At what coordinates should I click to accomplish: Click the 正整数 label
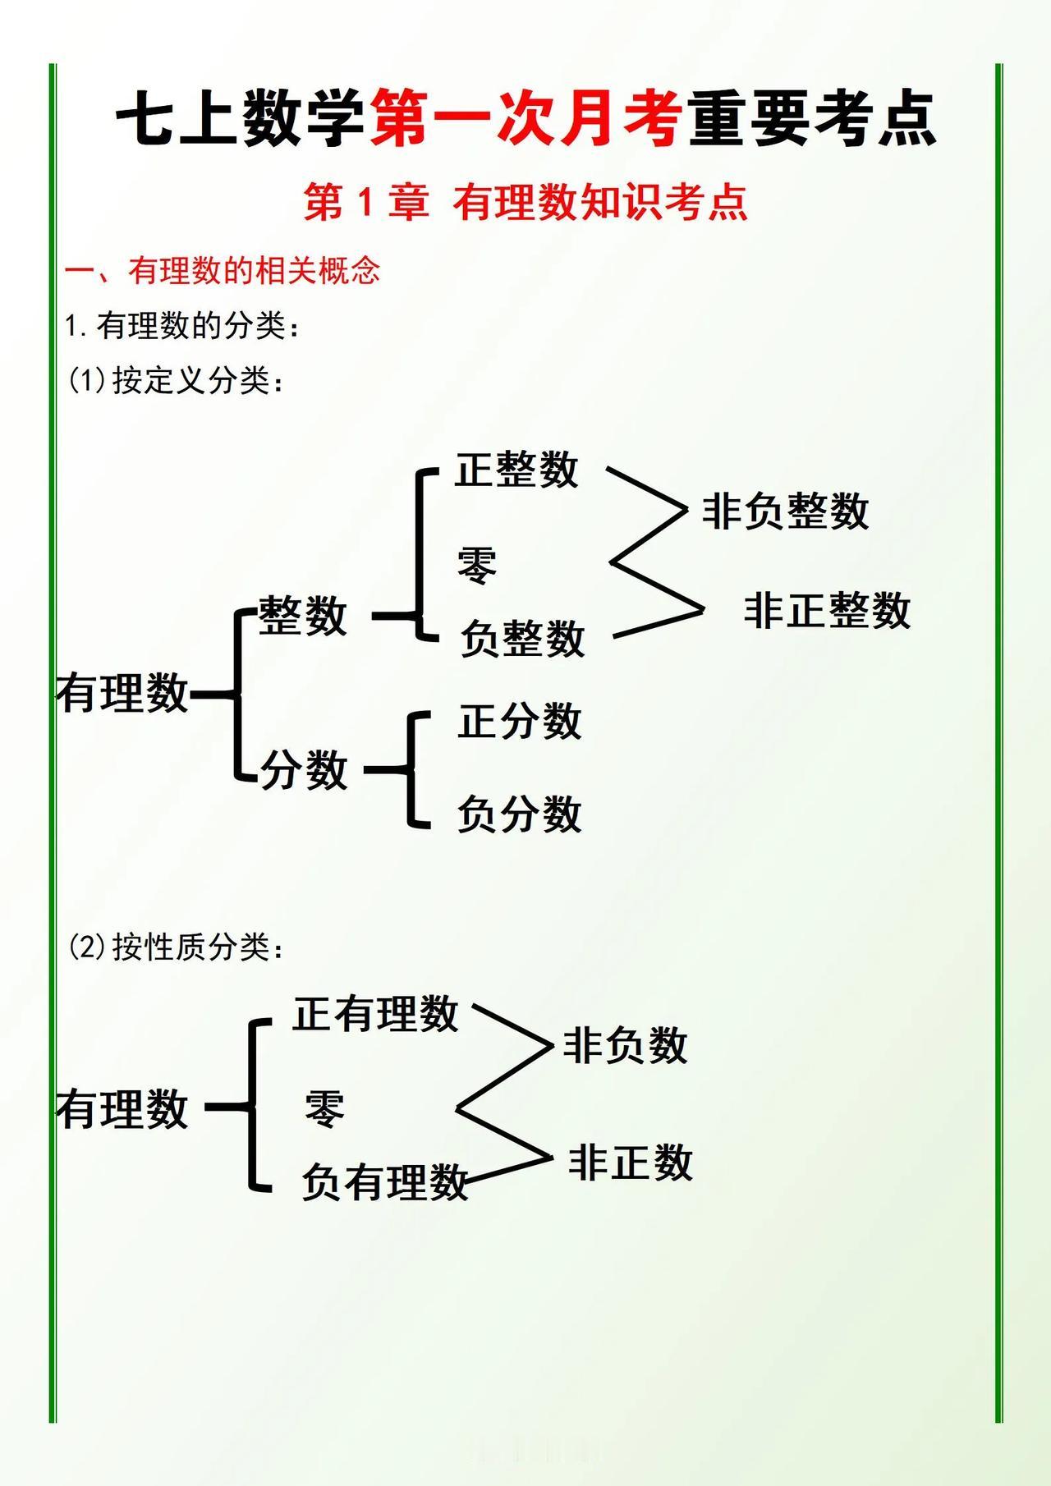coord(516,470)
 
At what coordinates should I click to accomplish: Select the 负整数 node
coord(522,639)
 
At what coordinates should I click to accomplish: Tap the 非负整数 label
coord(785,511)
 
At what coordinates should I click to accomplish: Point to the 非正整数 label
coord(827,611)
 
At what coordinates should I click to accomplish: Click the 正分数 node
coord(519,722)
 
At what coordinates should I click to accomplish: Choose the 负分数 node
coord(519,814)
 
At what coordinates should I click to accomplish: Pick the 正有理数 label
coord(375,1013)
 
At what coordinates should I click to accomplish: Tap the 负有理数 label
coord(384,1182)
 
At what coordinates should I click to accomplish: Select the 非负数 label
coord(625,1046)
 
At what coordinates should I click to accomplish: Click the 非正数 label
coord(630,1163)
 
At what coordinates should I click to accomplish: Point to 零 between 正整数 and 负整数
coord(477,566)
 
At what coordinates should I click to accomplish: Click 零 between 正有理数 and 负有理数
coord(324,1108)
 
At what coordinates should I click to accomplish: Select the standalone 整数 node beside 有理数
coord(303,616)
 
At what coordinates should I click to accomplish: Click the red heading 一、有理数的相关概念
coord(223,270)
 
